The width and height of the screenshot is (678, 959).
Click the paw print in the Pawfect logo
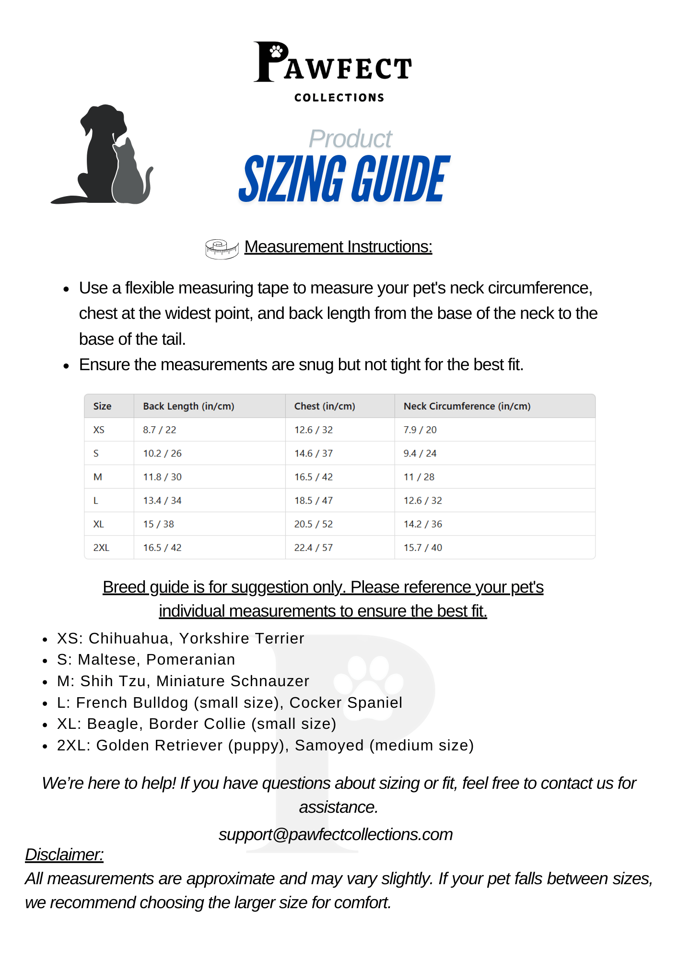coord(276,51)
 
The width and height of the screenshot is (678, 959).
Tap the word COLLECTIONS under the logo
coord(339,98)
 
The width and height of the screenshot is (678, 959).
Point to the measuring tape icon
coord(222,249)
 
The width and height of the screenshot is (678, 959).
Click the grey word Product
coord(350,139)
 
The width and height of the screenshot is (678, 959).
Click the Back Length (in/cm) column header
coord(188,406)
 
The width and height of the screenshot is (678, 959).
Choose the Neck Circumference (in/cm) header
coord(467,406)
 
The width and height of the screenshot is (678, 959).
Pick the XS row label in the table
coord(99,430)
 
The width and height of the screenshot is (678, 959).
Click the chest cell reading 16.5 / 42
coord(313,477)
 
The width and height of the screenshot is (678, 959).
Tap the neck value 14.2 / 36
coord(422,524)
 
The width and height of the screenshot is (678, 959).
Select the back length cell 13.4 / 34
coord(162,501)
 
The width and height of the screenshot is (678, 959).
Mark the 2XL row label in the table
coord(101,548)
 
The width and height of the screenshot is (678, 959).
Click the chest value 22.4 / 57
coord(313,548)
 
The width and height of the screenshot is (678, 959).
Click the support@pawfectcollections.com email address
coord(336,834)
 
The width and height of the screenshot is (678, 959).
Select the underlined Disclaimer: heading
coord(64,854)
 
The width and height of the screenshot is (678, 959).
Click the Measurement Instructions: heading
coord(338,246)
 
